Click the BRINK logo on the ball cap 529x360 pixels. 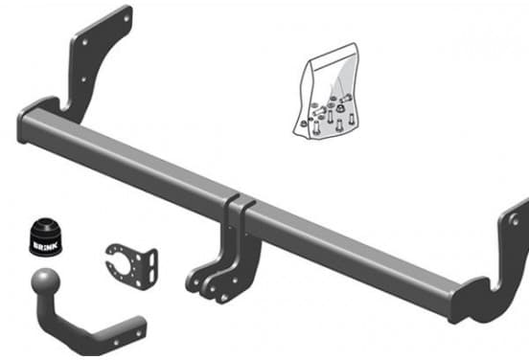click(x=46, y=245)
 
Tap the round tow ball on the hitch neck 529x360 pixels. click(x=45, y=281)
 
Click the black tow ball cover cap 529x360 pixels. click(x=46, y=237)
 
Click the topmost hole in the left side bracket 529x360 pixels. click(x=126, y=19)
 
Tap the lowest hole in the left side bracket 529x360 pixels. click(x=83, y=79)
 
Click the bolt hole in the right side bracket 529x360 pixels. click(x=515, y=221)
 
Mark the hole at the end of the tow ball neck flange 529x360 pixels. click(x=138, y=334)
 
